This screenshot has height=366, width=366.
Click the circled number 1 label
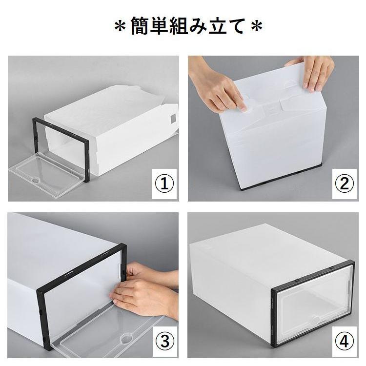pyautogui.click(x=165, y=184)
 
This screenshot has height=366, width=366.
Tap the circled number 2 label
pyautogui.click(x=345, y=183)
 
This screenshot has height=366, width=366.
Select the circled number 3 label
pyautogui.click(x=165, y=341)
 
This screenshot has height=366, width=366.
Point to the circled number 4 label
pyautogui.click(x=345, y=341)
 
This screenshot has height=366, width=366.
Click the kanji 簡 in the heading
pyautogui.click(x=140, y=26)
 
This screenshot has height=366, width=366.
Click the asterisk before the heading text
pyautogui.click(x=121, y=26)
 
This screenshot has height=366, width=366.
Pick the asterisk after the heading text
pyautogui.click(x=257, y=26)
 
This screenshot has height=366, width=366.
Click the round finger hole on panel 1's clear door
pyautogui.click(x=36, y=180)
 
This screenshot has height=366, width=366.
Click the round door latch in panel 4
pyautogui.click(x=316, y=319)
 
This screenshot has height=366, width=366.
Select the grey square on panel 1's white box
pyautogui.click(x=172, y=119)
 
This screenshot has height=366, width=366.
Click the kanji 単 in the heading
pyautogui.click(x=160, y=26)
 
